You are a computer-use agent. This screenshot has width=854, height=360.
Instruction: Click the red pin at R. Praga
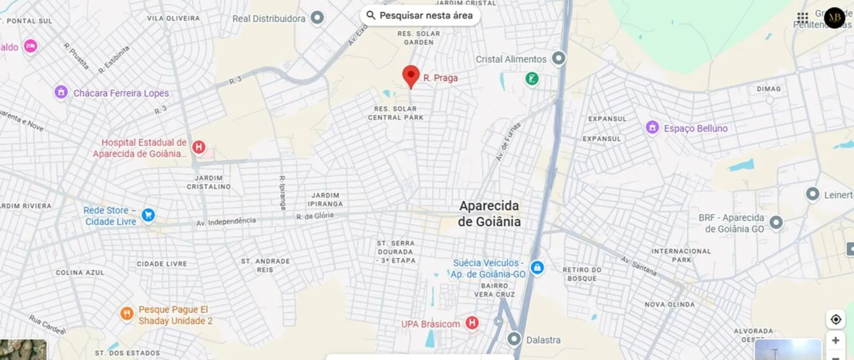(411, 76)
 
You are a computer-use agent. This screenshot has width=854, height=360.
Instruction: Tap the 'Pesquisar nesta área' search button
(420, 16)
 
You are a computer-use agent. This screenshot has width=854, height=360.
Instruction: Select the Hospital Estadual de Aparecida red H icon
(199, 147)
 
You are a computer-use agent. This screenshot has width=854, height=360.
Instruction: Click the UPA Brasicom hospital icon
(472, 323)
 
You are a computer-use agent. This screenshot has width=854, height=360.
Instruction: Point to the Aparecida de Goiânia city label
(489, 213)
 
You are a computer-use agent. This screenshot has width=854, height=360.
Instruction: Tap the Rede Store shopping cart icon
(148, 215)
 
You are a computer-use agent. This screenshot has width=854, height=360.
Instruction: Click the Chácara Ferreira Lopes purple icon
(61, 92)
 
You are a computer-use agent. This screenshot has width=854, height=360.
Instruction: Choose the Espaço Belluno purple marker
(652, 127)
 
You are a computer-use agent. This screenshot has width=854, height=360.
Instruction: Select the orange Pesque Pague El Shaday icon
(127, 313)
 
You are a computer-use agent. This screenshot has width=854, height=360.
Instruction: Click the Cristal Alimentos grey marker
(559, 58)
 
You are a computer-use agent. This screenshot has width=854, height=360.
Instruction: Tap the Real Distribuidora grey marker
(317, 18)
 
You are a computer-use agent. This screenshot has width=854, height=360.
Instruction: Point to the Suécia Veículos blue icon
(537, 267)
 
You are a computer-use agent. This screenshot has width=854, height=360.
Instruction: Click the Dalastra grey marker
(514, 339)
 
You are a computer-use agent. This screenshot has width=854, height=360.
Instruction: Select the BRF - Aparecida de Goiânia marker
(776, 222)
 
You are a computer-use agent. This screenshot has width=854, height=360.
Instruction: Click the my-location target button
(836, 319)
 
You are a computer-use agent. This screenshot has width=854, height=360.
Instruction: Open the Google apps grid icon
(802, 18)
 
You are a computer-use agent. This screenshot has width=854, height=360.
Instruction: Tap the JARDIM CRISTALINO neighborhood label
(209, 182)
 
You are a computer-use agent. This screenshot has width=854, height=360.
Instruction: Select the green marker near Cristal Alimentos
(532, 79)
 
